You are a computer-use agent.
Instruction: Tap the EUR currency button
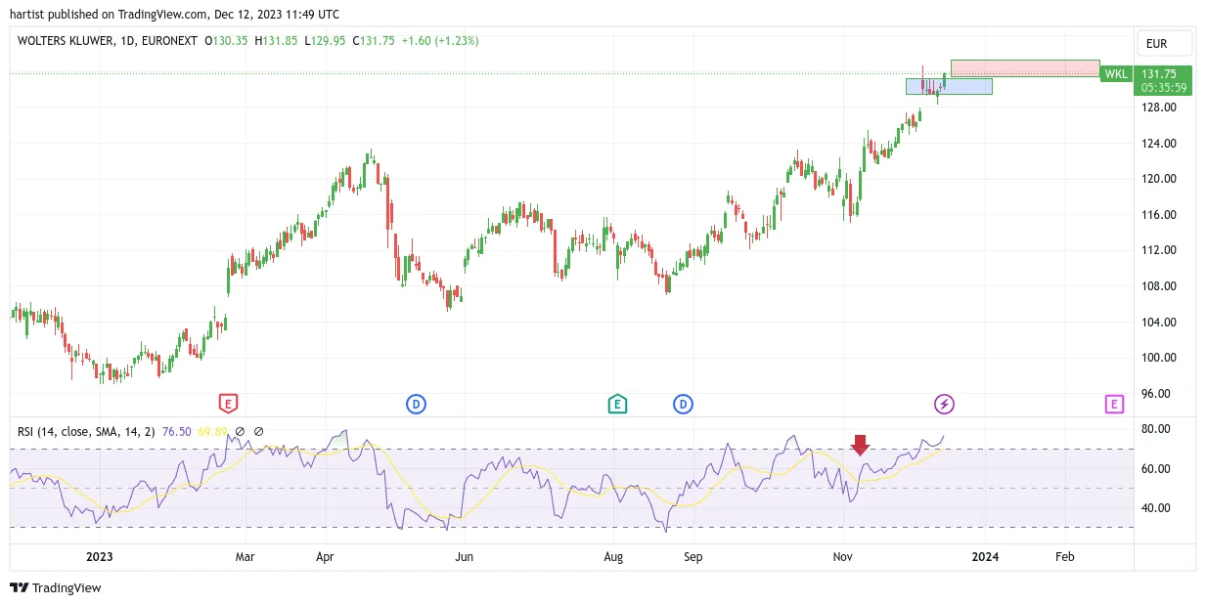[x=1164, y=44]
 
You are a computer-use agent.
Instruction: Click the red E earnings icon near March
[x=228, y=404]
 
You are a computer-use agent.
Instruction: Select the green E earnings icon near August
[x=617, y=404]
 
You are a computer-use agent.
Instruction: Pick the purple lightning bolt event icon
[x=944, y=404]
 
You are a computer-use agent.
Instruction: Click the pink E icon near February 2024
[x=1114, y=404]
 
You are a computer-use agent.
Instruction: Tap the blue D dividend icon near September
[x=683, y=404]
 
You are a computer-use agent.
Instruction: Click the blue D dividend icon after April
[x=416, y=404]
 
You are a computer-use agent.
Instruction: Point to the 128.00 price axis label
[x=1159, y=107]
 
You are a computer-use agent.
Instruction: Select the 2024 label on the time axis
[x=985, y=556]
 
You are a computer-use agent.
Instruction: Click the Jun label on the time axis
[x=464, y=556]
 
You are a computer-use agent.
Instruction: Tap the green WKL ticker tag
[x=1116, y=74]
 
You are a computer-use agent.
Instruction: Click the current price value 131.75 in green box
[x=1159, y=73]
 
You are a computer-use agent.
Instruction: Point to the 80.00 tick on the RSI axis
[x=1156, y=429]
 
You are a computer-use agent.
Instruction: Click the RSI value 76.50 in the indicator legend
[x=177, y=432]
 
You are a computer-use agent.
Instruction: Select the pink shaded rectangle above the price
[x=1025, y=68]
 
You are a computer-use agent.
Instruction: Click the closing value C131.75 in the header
[x=374, y=41]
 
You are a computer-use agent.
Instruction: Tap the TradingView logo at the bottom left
[x=56, y=587]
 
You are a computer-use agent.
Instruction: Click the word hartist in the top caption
[x=27, y=15]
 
